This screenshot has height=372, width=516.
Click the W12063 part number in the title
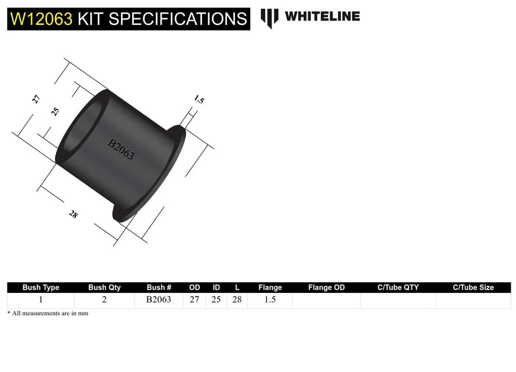pyautogui.click(x=41, y=19)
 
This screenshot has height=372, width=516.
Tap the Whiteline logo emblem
pyautogui.click(x=269, y=18)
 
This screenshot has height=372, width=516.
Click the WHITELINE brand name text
pyautogui.click(x=322, y=16)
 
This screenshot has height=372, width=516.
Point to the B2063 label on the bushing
pyautogui.click(x=121, y=149)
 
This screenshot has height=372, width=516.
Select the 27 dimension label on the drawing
pyautogui.click(x=36, y=99)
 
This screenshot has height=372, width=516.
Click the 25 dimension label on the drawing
pyautogui.click(x=55, y=112)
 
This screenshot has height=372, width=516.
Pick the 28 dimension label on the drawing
pyautogui.click(x=73, y=214)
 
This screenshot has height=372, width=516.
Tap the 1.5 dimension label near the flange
pyautogui.click(x=199, y=99)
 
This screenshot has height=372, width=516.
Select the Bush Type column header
pyautogui.click(x=41, y=288)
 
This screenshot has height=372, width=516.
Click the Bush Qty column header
pyautogui.click(x=104, y=288)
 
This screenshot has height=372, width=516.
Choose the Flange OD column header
pyautogui.click(x=326, y=288)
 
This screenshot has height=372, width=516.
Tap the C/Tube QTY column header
pyautogui.click(x=398, y=288)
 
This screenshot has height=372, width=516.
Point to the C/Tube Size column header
pyautogui.click(x=473, y=288)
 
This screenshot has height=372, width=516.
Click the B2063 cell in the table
pyautogui.click(x=159, y=300)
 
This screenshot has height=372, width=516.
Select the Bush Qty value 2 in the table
pyautogui.click(x=104, y=300)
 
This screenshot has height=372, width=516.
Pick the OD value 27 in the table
pyautogui.click(x=194, y=300)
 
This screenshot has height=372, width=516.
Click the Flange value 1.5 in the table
pyautogui.click(x=270, y=300)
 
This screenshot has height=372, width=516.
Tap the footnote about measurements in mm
pyautogui.click(x=48, y=314)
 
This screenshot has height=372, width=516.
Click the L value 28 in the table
pyautogui.click(x=237, y=300)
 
